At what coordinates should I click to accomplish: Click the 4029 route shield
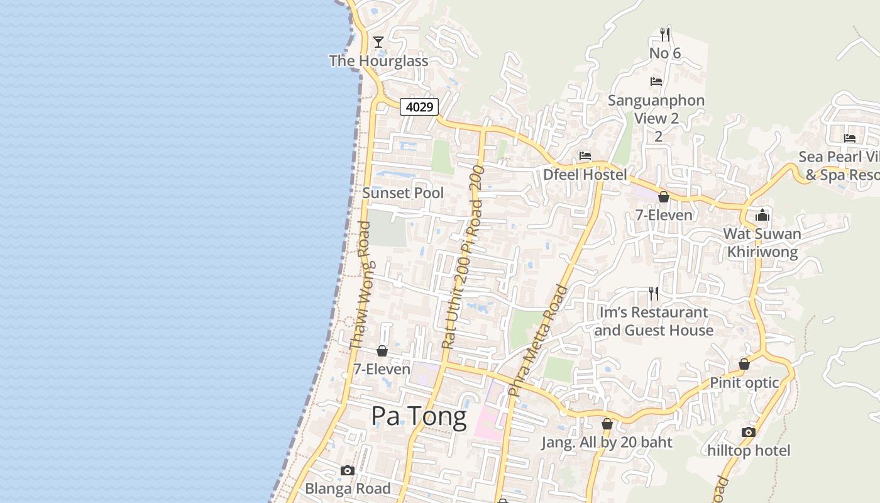point(419,107)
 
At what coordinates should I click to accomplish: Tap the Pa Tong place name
point(419,416)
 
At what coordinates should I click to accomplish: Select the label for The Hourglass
point(378,61)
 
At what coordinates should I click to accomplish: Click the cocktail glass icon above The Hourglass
point(378,42)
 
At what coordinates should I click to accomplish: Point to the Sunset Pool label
point(403,193)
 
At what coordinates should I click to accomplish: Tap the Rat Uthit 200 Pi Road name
point(463,257)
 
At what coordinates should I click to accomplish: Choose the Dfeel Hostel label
point(585,174)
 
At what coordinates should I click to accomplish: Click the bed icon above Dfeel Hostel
point(585,156)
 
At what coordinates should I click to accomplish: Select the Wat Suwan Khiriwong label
point(762,243)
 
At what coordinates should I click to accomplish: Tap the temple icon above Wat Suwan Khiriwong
point(762,216)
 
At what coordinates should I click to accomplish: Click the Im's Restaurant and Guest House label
point(654,321)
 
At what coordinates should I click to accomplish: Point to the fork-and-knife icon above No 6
point(665,34)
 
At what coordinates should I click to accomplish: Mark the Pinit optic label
point(744,383)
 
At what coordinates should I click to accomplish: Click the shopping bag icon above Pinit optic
point(744,364)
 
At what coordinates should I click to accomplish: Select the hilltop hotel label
point(749,451)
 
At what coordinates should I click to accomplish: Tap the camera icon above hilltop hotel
point(748,432)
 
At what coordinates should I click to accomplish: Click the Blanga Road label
point(348,489)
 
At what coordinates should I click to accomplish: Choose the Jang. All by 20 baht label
point(607,443)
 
